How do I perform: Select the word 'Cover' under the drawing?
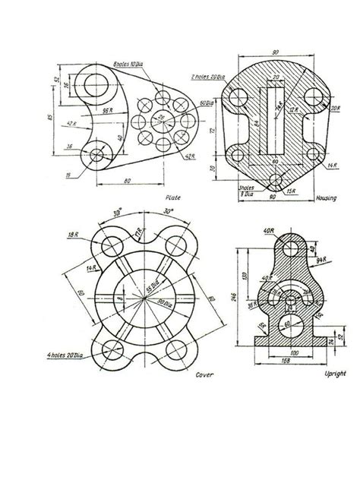click(204, 375)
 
